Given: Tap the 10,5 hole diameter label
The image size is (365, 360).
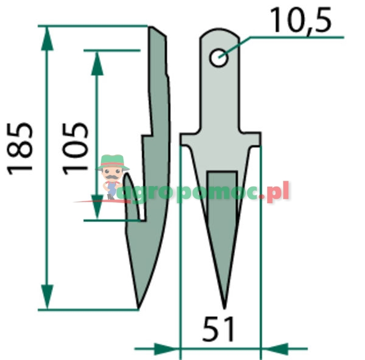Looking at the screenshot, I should (300, 22).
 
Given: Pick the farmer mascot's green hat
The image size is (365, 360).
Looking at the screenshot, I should (113, 161).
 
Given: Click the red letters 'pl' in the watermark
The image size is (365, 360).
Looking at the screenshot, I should (280, 193).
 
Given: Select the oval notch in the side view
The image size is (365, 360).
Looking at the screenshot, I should (135, 197).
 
